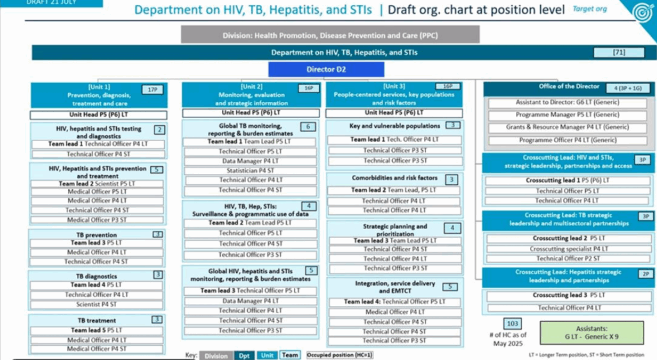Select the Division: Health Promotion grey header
330,35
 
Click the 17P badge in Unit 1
152,90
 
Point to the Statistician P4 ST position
250,171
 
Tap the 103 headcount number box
513,323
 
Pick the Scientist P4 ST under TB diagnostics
97,305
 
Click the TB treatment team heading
96,320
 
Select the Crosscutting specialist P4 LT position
568,248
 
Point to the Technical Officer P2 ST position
568,259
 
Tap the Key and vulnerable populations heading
394,126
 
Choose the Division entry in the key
216,356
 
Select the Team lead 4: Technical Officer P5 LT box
394,302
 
